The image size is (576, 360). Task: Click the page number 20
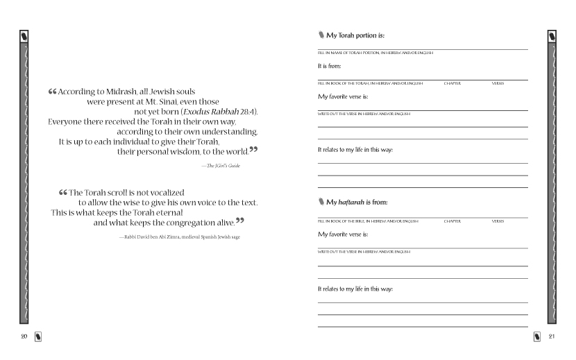(x=24, y=336)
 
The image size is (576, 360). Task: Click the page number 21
(x=552, y=336)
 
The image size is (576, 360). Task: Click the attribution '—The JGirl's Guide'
(x=220, y=166)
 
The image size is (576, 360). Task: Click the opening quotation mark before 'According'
(x=53, y=92)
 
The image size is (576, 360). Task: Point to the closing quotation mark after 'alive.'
(x=240, y=221)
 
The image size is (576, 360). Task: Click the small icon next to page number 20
(x=38, y=337)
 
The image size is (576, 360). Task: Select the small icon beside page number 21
(x=537, y=337)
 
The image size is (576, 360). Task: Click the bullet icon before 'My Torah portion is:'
(x=321, y=35)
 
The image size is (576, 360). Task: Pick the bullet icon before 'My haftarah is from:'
(x=321, y=203)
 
